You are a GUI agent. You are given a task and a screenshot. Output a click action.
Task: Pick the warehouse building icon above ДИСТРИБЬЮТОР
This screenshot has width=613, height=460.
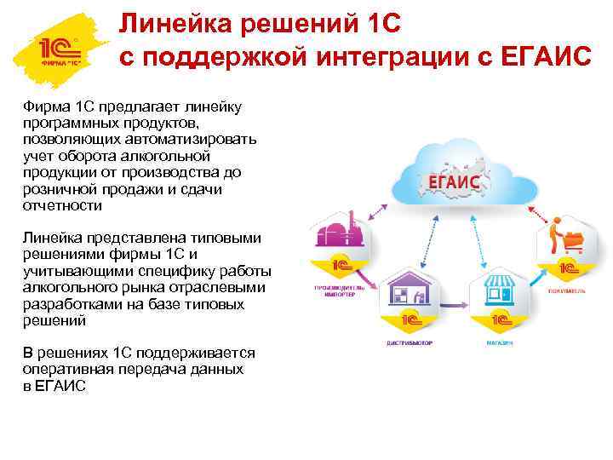408,294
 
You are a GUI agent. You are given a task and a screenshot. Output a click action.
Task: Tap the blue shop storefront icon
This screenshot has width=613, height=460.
500,294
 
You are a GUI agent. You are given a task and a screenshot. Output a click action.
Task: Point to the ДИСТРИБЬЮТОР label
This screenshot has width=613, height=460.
408,344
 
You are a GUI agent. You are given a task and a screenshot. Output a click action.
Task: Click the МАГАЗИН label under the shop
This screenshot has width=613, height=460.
500,344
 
